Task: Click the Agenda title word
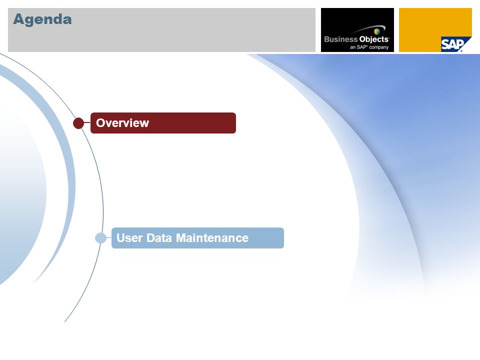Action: pos(42,19)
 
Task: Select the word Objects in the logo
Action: pos(374,39)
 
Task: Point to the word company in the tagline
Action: pos(378,47)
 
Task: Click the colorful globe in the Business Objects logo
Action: pos(377,31)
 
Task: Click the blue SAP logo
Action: pos(452,44)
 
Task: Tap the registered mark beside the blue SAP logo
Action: pos(461,51)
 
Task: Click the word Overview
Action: pos(122,123)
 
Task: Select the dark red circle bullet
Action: pos(78,123)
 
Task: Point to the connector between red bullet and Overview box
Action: pos(87,122)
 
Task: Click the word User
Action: pos(129,238)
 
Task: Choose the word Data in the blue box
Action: pos(159,238)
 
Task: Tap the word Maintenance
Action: pos(212,238)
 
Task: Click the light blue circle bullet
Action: pos(100,238)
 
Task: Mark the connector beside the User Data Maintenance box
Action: pos(109,237)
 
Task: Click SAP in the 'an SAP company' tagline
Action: pos(362,47)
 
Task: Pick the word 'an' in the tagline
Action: pos(353,47)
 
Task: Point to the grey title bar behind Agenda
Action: pos(161,30)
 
